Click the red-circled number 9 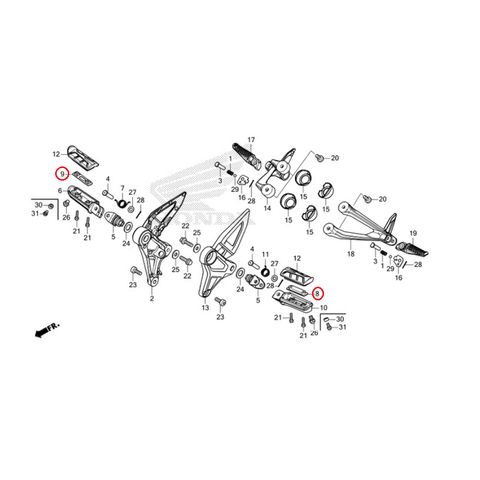62,173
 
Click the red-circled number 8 318,294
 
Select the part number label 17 252,139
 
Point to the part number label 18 351,255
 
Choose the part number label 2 151,298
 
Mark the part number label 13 205,309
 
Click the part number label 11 265,255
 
